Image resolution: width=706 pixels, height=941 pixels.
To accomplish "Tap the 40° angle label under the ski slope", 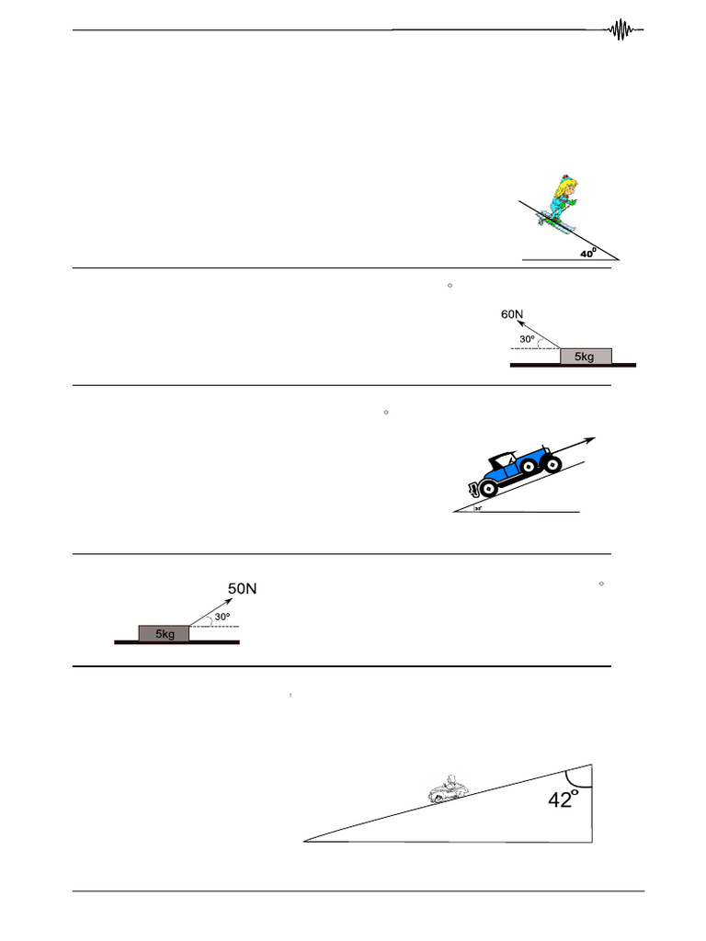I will click(x=588, y=253).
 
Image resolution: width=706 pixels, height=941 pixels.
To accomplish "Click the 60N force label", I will click(x=512, y=314).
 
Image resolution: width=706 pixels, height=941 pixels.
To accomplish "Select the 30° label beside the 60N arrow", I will click(x=527, y=338).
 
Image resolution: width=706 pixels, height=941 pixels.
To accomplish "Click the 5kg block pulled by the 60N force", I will click(x=586, y=356).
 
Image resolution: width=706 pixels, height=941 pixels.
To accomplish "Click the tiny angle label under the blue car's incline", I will click(x=479, y=506).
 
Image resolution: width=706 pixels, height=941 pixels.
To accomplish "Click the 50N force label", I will click(x=243, y=588).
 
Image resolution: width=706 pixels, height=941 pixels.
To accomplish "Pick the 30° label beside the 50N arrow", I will click(x=222, y=617).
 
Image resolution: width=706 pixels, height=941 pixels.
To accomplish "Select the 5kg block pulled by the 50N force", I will click(x=164, y=633).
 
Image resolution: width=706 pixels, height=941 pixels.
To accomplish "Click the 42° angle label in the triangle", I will click(x=564, y=799).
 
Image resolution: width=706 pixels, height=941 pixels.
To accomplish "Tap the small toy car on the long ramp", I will click(x=448, y=789).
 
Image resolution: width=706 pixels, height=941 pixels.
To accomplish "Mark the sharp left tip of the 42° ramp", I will click(x=305, y=840).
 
